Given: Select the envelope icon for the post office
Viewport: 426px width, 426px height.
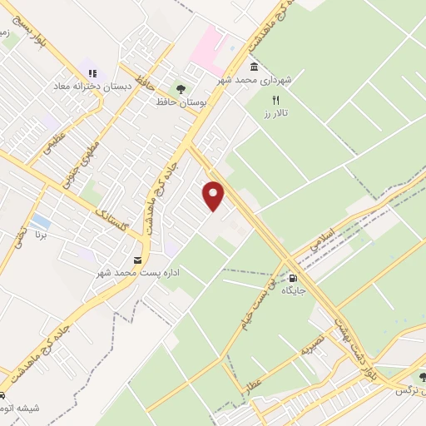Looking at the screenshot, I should coord(138,260).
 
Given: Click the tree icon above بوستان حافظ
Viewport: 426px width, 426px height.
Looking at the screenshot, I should coord(179,89).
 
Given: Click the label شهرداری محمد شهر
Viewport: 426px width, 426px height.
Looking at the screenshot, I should coord(247,80).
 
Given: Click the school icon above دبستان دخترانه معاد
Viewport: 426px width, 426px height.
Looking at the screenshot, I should coord(92,74).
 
